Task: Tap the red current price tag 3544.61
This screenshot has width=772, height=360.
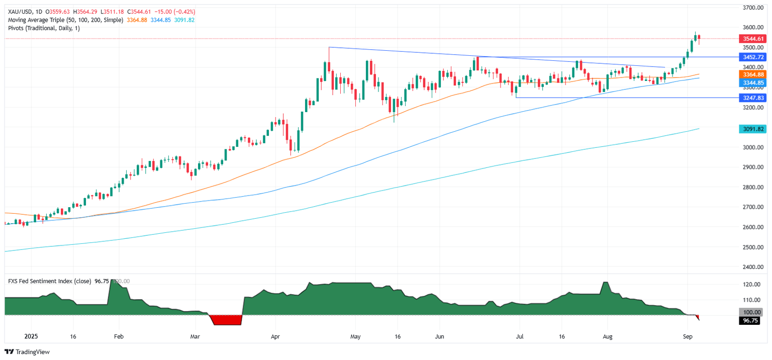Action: pos(752,38)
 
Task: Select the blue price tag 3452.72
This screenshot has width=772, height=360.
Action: pos(752,57)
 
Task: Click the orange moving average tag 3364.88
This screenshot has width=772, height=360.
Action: pos(752,74)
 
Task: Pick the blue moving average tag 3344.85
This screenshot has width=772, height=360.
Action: pos(752,82)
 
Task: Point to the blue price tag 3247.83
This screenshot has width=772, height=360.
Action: pos(752,98)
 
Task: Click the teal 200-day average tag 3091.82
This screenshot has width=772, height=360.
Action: pos(752,129)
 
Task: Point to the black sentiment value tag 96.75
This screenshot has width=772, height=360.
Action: pos(752,320)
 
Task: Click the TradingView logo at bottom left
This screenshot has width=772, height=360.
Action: pos(28,352)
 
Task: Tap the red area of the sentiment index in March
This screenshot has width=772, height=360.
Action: pos(225,320)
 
